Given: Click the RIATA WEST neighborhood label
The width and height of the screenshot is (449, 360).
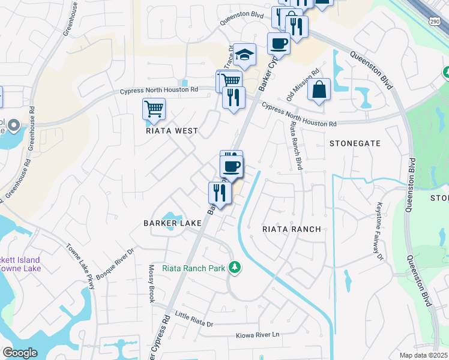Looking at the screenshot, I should tap(172, 130).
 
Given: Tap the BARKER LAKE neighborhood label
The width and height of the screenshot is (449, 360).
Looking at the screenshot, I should tap(172, 223).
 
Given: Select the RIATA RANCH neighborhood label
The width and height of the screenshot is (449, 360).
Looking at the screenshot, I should tap(292, 229).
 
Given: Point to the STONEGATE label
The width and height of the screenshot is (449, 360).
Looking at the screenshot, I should tap(355, 143).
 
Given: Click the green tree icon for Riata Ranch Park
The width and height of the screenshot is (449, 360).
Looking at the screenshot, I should tap(237, 268).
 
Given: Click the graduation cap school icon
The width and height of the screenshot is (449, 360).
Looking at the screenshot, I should tap(244, 55).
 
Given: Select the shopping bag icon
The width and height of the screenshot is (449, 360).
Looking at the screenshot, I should tap(319, 89).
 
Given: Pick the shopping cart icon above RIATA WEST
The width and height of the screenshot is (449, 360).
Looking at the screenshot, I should tap(154, 109).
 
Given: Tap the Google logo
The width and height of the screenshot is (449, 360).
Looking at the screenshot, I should tap(20, 353).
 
